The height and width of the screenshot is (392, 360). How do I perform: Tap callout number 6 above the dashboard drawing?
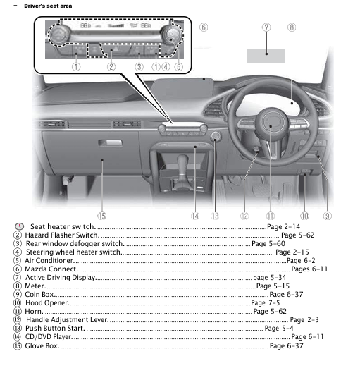coord(204,28)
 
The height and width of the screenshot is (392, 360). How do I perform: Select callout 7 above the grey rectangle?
coord(266,28)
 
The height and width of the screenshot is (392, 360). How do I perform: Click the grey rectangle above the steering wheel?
coord(266,54)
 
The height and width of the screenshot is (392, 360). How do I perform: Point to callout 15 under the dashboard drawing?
coord(102,215)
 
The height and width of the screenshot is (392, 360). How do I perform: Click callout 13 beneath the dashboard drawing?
coord(214,215)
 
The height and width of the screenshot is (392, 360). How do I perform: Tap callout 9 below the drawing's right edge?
coord(328,215)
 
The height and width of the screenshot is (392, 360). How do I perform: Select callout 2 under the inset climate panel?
coord(111,67)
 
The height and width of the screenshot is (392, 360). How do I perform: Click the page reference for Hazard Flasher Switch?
coord(297,235)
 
